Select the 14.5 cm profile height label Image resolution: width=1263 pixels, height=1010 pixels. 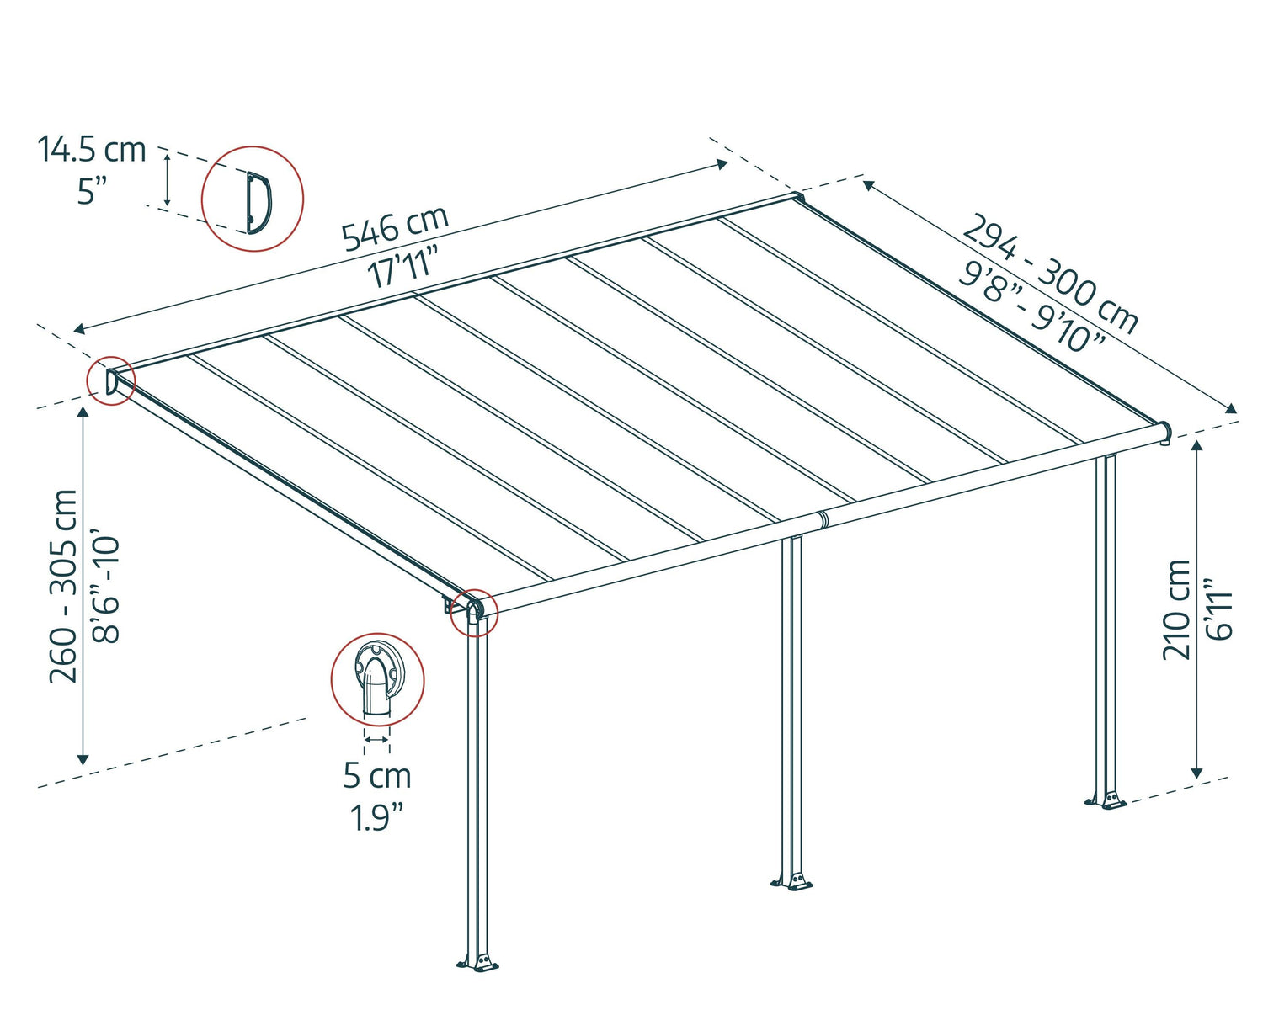click(92, 150)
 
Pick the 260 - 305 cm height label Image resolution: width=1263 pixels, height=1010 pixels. click(64, 586)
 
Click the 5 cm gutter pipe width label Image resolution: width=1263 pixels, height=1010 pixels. click(377, 776)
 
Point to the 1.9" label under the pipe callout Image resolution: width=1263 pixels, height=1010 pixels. click(377, 817)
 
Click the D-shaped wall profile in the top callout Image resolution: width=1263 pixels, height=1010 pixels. click(257, 201)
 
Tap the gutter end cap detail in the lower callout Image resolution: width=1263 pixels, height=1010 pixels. click(377, 678)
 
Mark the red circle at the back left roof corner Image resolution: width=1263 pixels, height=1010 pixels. click(111, 382)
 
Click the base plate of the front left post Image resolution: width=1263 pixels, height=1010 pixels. click(478, 962)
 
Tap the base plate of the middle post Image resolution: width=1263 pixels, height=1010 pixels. click(791, 882)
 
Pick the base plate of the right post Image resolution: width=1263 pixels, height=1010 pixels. click(1106, 800)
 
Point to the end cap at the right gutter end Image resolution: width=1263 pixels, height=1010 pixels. click(1164, 433)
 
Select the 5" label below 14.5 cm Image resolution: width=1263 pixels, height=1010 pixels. click(88, 192)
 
